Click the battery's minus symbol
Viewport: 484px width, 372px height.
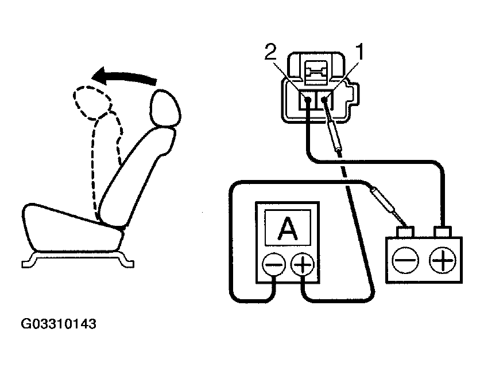coord(406,261)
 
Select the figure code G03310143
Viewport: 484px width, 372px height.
coord(59,324)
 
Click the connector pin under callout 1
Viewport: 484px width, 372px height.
coord(325,100)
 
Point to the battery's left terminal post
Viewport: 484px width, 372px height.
coord(406,232)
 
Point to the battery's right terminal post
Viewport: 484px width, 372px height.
coord(443,232)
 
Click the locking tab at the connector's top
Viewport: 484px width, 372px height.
coord(316,72)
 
